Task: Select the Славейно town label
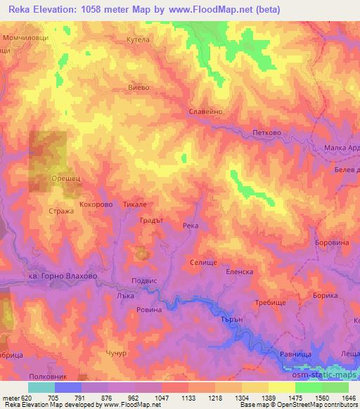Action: tap(207, 111)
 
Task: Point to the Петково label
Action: tap(266, 131)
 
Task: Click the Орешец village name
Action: tap(67, 180)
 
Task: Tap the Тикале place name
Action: tap(134, 204)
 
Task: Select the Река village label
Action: tap(191, 226)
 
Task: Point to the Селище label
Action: tap(204, 261)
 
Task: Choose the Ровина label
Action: tap(149, 309)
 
